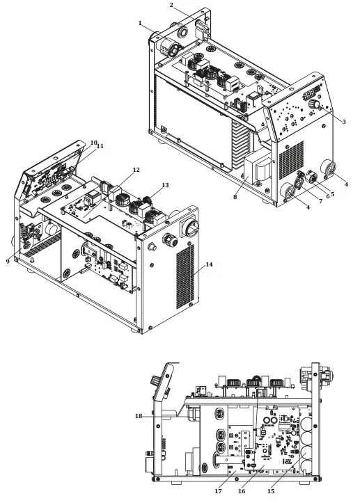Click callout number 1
pyautogui.click(x=140, y=23)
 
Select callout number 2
pyautogui.click(x=171, y=5)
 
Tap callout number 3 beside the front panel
pyautogui.click(x=344, y=122)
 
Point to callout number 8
pyautogui.click(x=235, y=197)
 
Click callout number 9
pyautogui.click(x=8, y=262)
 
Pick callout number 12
pyautogui.click(x=136, y=170)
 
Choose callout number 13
pyautogui.click(x=165, y=185)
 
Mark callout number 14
pyautogui.click(x=209, y=264)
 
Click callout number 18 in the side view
pyautogui.click(x=139, y=417)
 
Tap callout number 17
pyautogui.click(x=219, y=491)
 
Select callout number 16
pyautogui.click(x=242, y=491)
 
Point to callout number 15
pyautogui.click(x=271, y=491)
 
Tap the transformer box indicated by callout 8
pyautogui.click(x=258, y=169)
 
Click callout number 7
pyautogui.click(x=320, y=202)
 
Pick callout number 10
pyautogui.click(x=93, y=143)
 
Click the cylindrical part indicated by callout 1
pyautogui.click(x=167, y=48)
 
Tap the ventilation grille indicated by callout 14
pyautogui.click(x=185, y=277)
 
